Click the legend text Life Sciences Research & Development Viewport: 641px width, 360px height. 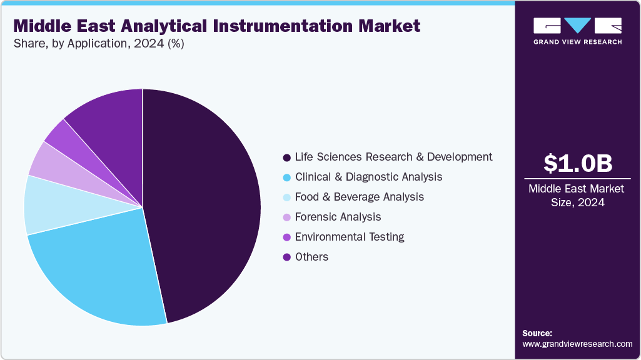point(393,157)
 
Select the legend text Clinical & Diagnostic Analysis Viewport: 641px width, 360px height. point(368,177)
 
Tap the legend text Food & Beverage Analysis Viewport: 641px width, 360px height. point(359,197)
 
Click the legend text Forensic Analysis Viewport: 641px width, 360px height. point(338,217)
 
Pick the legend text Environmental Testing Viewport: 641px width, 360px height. point(350,237)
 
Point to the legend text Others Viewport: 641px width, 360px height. point(311,257)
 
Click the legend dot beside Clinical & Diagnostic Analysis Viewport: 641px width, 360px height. point(286,177)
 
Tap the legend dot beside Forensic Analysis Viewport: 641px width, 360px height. point(286,217)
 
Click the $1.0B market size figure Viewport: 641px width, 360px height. point(577,163)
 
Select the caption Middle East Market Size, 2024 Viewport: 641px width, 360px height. point(577,196)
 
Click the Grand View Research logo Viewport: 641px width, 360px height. point(577,31)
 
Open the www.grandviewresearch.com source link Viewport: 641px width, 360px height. point(577,344)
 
